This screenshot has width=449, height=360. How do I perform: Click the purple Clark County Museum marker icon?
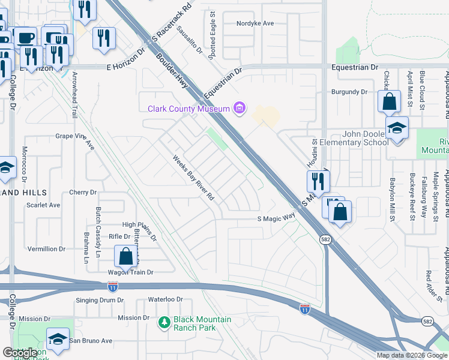(x=240, y=108)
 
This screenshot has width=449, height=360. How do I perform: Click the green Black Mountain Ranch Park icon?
(x=164, y=323)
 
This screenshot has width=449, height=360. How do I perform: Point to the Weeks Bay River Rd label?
(x=194, y=178)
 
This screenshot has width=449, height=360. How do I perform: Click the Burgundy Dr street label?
(x=349, y=92)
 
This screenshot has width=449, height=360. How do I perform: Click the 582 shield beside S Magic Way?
(x=325, y=239)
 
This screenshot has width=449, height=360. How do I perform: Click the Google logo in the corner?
(x=19, y=353)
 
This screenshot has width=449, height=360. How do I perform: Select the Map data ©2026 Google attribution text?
(x=412, y=355)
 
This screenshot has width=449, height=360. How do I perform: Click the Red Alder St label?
(x=429, y=285)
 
